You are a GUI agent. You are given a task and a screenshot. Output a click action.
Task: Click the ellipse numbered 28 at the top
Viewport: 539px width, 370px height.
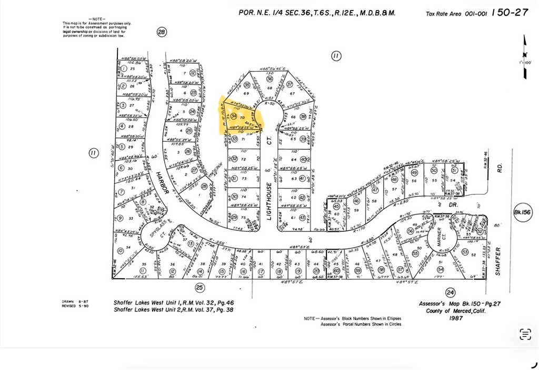(x=162, y=32)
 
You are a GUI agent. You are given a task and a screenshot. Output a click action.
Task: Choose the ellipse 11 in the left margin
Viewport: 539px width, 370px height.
(x=93, y=153)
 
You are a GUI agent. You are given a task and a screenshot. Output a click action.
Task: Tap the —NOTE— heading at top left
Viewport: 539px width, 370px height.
(x=97, y=18)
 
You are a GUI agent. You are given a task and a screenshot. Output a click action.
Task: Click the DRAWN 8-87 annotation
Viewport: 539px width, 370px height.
(x=72, y=301)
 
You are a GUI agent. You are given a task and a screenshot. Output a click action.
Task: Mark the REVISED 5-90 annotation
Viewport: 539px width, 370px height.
(x=73, y=306)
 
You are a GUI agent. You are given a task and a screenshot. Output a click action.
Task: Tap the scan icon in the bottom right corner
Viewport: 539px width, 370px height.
(x=525, y=334)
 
